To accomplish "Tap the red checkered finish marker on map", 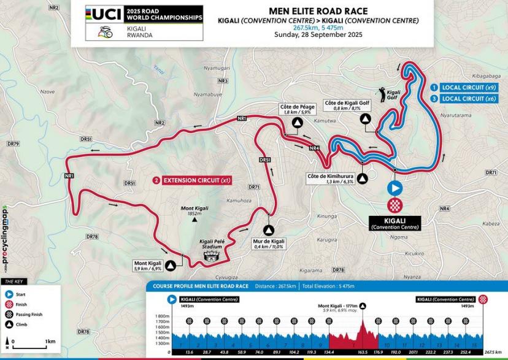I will coord(394,205).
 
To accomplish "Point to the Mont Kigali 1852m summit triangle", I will coord(194,218).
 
